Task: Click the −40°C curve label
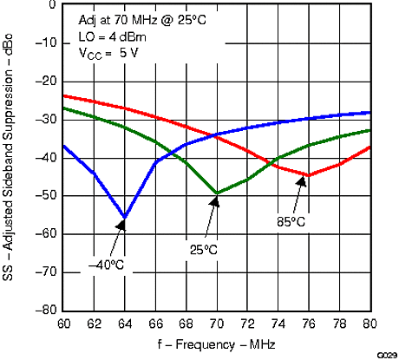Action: pyautogui.click(x=108, y=264)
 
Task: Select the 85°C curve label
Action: pyautogui.click(x=291, y=222)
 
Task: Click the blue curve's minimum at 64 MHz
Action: pyautogui.click(x=125, y=217)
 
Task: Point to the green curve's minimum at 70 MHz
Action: pyautogui.click(x=217, y=193)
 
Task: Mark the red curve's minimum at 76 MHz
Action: pyautogui.click(x=309, y=175)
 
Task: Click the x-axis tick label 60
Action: pyautogui.click(x=63, y=324)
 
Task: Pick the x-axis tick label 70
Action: pyautogui.click(x=217, y=324)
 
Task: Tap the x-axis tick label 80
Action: pyautogui.click(x=370, y=324)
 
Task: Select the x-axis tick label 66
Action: pyautogui.click(x=155, y=324)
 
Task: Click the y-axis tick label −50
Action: pyautogui.click(x=44, y=196)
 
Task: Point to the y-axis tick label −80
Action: pyautogui.click(x=44, y=311)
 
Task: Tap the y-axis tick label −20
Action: pyautogui.click(x=44, y=82)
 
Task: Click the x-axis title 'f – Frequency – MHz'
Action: pyautogui.click(x=218, y=344)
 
